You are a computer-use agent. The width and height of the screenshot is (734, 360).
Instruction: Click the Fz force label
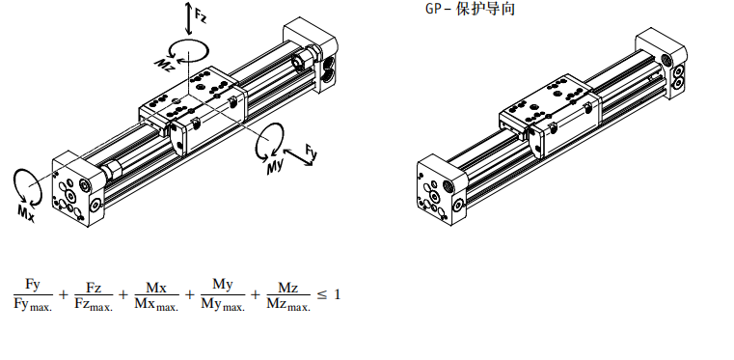coord(201,15)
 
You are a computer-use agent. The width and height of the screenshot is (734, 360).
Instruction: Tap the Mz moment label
coord(165,65)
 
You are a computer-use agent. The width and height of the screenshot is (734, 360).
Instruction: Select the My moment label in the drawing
coord(275,167)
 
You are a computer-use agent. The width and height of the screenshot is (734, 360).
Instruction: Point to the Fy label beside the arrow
coord(312,152)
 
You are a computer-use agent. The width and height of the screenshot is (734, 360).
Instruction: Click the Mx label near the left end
coord(27,213)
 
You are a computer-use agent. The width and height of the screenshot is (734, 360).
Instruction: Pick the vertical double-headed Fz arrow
coord(188,18)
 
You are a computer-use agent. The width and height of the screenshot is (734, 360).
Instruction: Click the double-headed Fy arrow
coord(298,157)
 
